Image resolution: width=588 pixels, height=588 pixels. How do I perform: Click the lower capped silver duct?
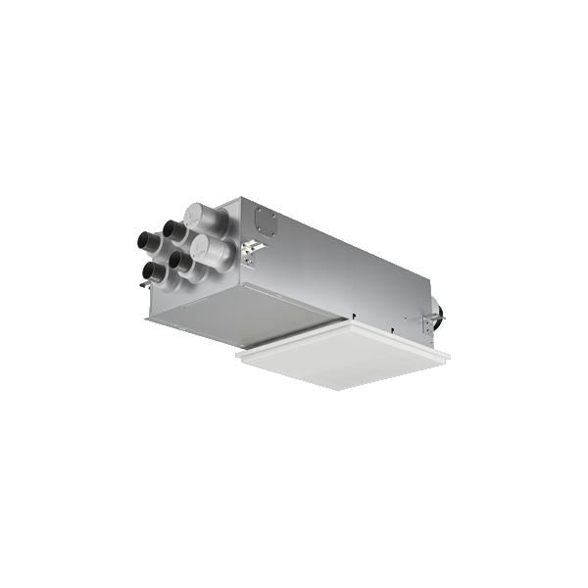pos(213,251)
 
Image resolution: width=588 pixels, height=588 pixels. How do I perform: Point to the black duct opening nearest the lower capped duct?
pos(179,262)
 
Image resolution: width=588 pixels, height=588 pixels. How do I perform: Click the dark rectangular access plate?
pos(265,221)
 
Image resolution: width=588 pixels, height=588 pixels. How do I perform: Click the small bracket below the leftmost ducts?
pos(144,285)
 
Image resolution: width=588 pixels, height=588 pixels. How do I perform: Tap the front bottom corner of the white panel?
pos(339,389)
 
